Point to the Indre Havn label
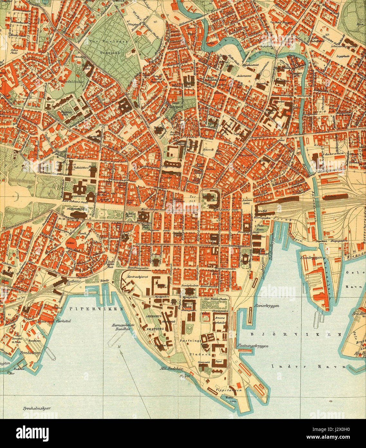(x=308, y=366)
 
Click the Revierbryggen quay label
(x=266, y=306)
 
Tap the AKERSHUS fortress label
(x=154, y=317)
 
